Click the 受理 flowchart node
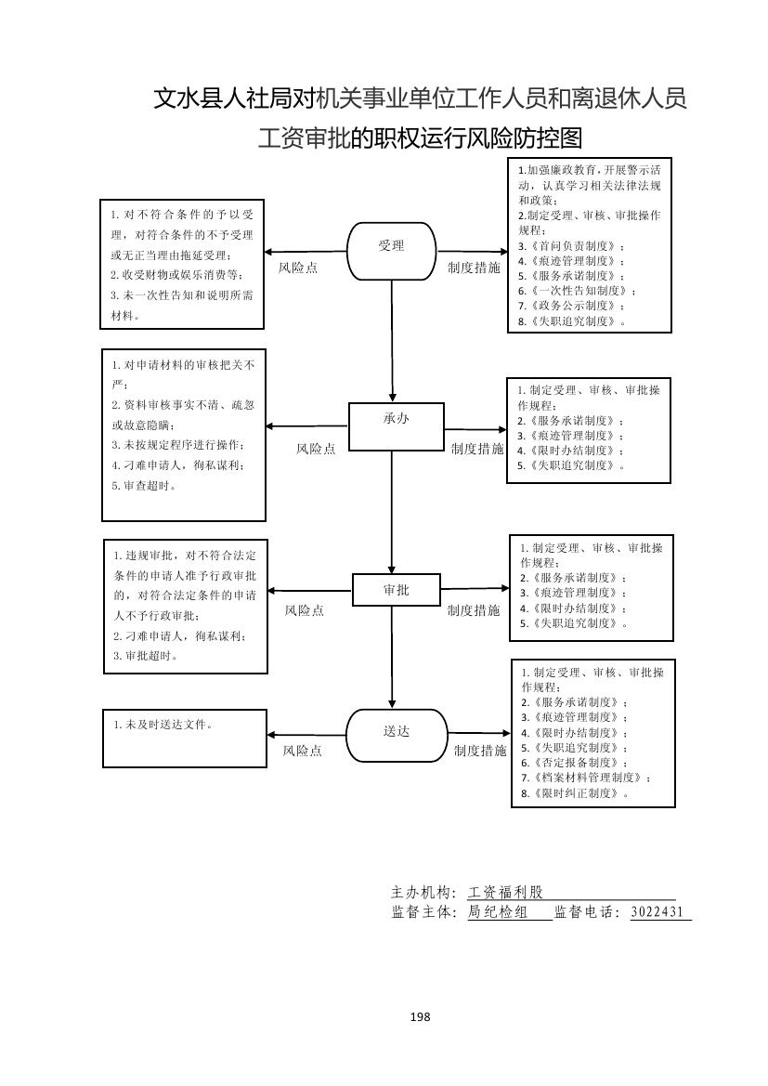coord(392,249)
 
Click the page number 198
coord(420,1016)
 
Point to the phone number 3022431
coord(657,912)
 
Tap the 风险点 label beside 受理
coord(298,268)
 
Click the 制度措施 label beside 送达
coord(480,751)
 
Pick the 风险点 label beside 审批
coord(305,610)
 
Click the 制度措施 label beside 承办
coord(477,449)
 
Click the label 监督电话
coord(587,912)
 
